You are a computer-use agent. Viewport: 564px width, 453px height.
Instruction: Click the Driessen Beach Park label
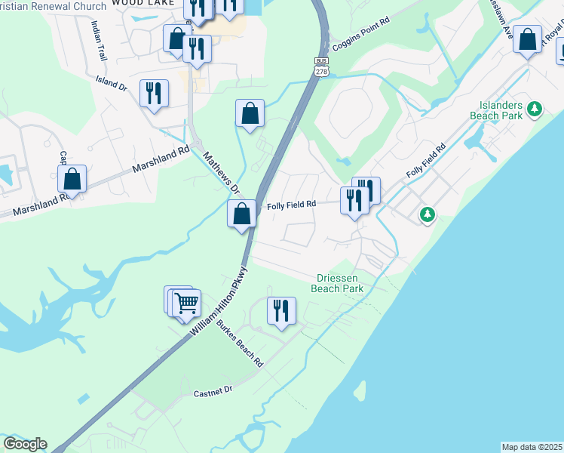tap(337, 283)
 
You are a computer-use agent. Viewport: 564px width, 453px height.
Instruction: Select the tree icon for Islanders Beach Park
tap(535, 109)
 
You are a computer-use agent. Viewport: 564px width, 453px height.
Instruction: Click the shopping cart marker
tap(186, 304)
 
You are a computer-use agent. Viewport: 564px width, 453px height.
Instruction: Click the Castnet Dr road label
tap(215, 393)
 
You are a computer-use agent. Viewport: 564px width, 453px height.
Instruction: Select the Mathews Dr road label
tap(220, 172)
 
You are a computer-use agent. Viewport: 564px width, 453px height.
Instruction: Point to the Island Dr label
tap(111, 82)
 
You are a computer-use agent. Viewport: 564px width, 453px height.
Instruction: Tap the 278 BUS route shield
tap(322, 66)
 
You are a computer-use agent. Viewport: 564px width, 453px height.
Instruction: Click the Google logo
tap(25, 444)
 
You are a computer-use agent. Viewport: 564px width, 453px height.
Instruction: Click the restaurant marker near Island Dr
tap(154, 93)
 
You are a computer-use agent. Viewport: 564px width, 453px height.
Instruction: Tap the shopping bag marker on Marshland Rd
tap(72, 179)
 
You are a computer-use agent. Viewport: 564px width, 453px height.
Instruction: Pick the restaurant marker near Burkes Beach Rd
tap(281, 310)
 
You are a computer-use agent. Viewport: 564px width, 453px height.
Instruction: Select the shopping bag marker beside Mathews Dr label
tap(241, 214)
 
